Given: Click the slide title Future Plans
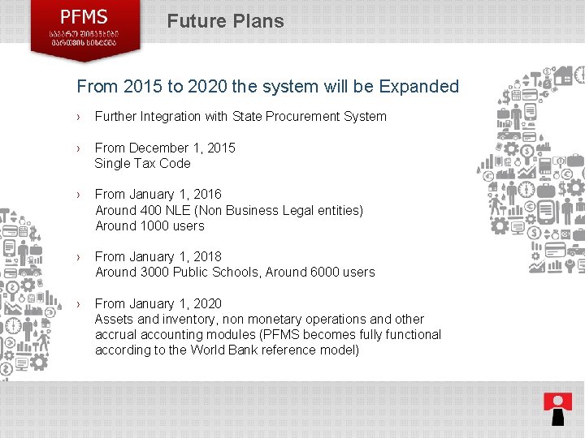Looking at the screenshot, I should click(225, 21).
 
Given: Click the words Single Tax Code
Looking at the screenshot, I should click(142, 163).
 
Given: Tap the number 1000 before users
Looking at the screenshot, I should click(151, 225).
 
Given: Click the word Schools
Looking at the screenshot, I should click(245, 272).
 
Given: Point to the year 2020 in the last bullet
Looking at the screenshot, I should click(207, 303).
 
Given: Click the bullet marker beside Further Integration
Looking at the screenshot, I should click(79, 117).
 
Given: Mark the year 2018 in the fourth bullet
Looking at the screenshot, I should click(207, 256).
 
